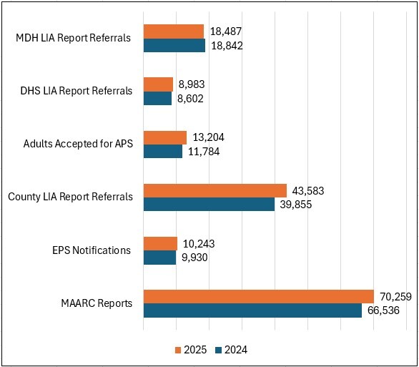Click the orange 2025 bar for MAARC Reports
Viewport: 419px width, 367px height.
258,296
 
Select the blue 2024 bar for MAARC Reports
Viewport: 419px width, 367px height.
252,310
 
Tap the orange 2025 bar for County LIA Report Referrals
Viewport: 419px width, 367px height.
215,190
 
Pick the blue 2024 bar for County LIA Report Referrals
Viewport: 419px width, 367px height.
209,204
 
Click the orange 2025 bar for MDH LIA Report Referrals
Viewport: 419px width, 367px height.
174,31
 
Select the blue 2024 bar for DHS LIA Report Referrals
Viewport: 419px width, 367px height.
157,98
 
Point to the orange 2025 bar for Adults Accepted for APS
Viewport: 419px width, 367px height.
165,137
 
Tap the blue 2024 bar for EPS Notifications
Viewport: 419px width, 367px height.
159,257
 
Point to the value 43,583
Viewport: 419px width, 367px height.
310,190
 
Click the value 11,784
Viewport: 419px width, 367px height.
205,151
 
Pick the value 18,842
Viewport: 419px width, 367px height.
227,45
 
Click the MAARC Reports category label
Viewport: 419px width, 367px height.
97,303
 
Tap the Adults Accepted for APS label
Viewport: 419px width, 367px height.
78,144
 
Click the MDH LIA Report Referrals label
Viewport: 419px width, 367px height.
73,37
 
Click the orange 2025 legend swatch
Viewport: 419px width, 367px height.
179,350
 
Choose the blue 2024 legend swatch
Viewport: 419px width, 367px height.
219,350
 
